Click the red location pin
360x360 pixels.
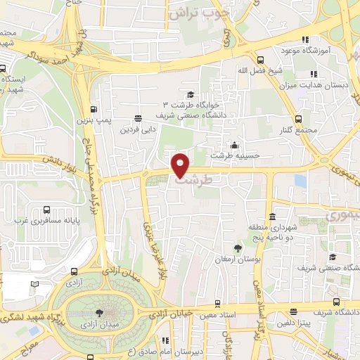[181, 165]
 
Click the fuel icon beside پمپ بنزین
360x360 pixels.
[94, 110]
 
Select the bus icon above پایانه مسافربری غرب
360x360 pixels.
[46, 210]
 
